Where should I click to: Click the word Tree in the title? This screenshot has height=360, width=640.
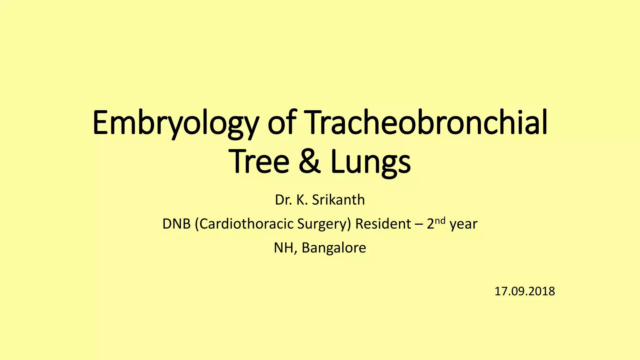click(x=260, y=162)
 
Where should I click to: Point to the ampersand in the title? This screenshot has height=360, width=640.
click(x=309, y=162)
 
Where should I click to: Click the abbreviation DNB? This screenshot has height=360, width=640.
click(x=176, y=224)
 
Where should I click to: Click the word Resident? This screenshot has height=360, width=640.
click(x=383, y=224)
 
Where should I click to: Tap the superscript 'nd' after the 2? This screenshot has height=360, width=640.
click(x=440, y=221)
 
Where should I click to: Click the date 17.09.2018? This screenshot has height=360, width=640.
click(x=524, y=291)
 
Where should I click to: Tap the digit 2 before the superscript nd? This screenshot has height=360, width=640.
click(x=431, y=224)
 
